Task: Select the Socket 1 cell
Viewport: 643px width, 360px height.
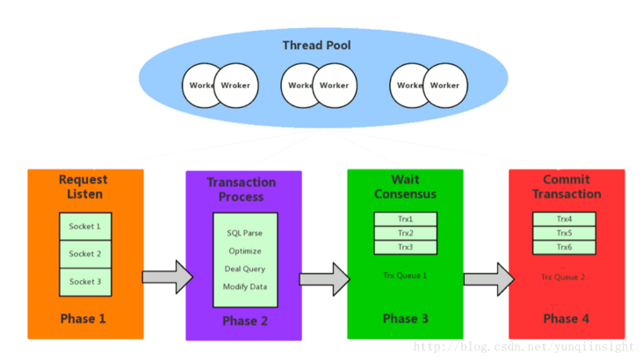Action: point(85,226)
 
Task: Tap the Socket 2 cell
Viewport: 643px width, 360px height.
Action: point(85,254)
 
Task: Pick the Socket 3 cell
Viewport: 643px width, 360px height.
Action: point(85,281)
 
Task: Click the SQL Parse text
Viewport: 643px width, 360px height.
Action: point(245,234)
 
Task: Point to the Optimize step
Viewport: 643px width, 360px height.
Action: point(245,251)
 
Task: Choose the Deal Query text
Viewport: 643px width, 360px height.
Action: point(245,269)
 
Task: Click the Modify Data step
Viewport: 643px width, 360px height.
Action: point(245,286)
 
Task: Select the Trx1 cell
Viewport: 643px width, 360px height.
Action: point(405,219)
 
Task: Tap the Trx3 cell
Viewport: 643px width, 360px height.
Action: point(405,247)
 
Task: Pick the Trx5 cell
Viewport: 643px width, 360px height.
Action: point(564,233)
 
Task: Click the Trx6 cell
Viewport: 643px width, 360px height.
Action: point(564,247)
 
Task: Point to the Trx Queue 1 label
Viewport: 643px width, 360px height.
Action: point(405,276)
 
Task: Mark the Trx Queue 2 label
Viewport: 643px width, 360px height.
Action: point(563,277)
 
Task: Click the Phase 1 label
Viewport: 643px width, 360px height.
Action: point(83,318)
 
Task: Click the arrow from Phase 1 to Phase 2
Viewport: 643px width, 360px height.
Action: point(167,277)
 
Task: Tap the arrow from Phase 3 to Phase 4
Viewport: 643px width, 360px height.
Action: point(488,278)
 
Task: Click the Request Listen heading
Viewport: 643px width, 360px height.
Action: point(83,186)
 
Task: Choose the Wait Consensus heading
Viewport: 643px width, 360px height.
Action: point(405,186)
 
